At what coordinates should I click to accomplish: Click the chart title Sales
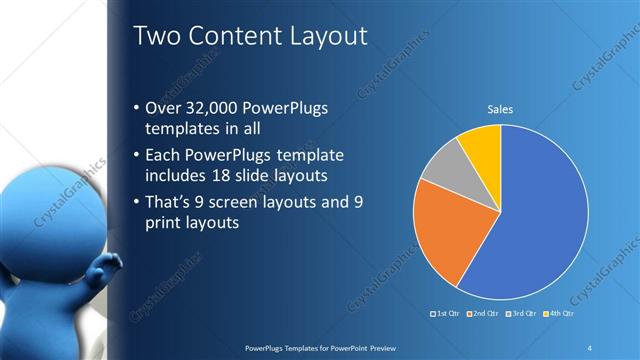click(500, 109)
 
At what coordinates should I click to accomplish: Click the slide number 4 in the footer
click(590, 347)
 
